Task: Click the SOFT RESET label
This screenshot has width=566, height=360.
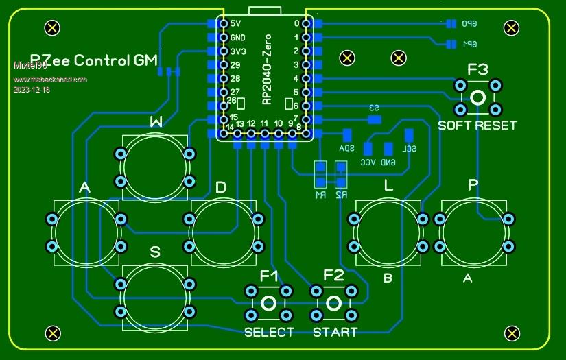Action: point(477,125)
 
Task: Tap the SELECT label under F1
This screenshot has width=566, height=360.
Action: point(269,333)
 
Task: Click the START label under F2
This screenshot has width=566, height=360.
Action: point(335,333)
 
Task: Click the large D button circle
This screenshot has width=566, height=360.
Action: point(223,232)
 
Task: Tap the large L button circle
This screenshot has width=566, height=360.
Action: point(388,232)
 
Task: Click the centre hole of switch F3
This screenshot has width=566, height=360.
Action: point(478,97)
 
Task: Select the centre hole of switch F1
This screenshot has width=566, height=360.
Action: point(269,303)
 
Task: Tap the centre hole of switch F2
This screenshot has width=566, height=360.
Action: point(334,303)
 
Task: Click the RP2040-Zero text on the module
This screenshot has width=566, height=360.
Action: point(267,69)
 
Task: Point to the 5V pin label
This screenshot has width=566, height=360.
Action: point(236,24)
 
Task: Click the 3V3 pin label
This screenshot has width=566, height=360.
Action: point(237,51)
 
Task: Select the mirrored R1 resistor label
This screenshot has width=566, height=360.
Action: point(319,195)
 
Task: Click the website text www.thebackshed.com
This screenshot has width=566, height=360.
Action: point(50,80)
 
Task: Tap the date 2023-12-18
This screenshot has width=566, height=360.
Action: point(31,90)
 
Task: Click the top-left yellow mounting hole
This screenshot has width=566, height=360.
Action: point(51,27)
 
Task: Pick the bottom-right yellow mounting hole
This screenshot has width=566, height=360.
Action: point(511,333)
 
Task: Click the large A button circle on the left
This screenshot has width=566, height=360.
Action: point(86,232)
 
